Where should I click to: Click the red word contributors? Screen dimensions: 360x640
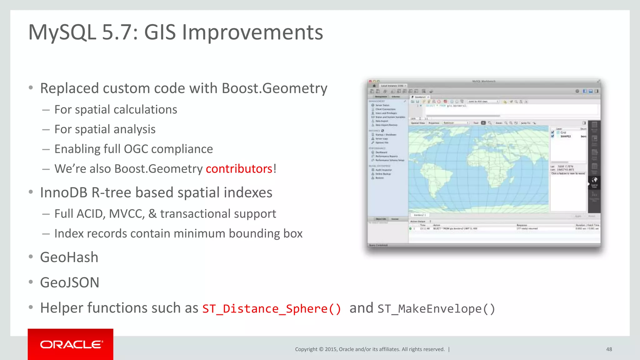[239, 169]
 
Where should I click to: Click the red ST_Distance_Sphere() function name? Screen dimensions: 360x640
[272, 309]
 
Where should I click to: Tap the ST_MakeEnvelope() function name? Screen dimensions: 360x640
[436, 309]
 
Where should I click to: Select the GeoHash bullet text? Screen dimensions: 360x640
[69, 257]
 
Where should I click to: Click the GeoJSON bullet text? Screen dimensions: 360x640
[70, 282]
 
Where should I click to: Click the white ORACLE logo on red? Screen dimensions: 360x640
[71, 344]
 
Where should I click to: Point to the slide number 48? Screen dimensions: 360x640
[609, 349]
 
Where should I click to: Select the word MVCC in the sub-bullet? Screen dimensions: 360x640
[127, 214]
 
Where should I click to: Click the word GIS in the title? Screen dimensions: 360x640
[160, 32]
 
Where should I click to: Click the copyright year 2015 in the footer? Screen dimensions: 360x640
[331, 349]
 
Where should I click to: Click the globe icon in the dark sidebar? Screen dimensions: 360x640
[594, 180]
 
